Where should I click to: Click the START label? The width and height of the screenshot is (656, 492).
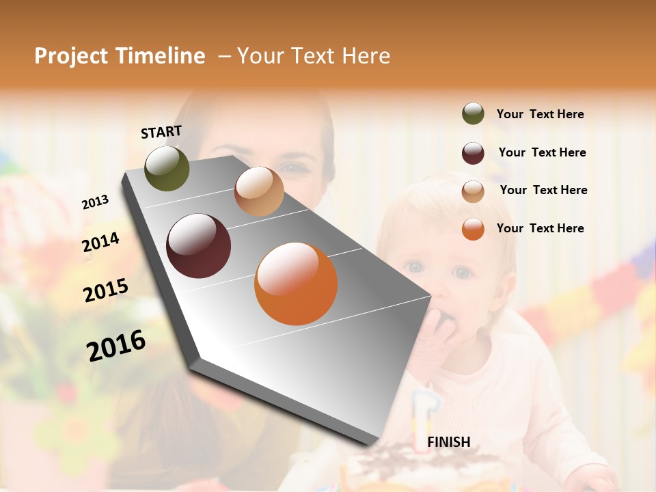click(x=161, y=132)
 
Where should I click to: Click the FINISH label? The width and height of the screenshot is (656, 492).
click(x=448, y=442)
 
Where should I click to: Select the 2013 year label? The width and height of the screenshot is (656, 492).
click(x=95, y=202)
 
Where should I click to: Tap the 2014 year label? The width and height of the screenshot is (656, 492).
click(x=100, y=243)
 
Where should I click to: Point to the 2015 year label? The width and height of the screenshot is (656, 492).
click(x=105, y=290)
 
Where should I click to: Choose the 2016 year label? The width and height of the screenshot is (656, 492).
click(x=116, y=346)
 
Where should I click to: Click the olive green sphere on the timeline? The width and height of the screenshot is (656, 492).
click(x=167, y=168)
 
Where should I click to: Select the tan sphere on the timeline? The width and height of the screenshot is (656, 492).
click(x=259, y=191)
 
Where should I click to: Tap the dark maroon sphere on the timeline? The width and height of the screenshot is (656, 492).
click(x=198, y=246)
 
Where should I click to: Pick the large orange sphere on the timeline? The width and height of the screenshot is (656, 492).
click(x=296, y=284)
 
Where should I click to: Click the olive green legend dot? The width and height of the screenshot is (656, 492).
click(x=473, y=114)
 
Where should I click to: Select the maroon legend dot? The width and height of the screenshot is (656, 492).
click(x=473, y=153)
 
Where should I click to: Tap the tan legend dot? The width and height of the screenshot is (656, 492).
click(x=473, y=191)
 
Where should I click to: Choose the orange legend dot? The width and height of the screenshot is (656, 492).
click(x=473, y=229)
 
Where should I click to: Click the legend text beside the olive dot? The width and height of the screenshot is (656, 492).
click(x=540, y=114)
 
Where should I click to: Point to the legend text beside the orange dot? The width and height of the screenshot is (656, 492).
click(x=540, y=228)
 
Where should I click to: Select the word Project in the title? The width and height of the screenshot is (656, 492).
click(x=72, y=56)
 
